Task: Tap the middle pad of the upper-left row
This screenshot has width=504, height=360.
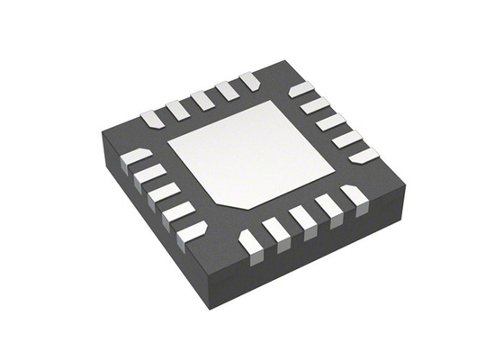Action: tap(202, 98)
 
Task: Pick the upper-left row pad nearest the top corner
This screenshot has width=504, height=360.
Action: tap(249, 82)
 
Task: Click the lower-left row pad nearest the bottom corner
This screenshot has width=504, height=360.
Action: tap(192, 231)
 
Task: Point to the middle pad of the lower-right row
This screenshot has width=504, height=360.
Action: tap(302, 218)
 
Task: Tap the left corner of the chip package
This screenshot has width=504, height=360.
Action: tap(101, 135)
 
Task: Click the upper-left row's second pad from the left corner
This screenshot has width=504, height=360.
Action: tap(176, 108)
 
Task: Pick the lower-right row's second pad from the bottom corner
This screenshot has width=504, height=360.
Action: tap(276, 229)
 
